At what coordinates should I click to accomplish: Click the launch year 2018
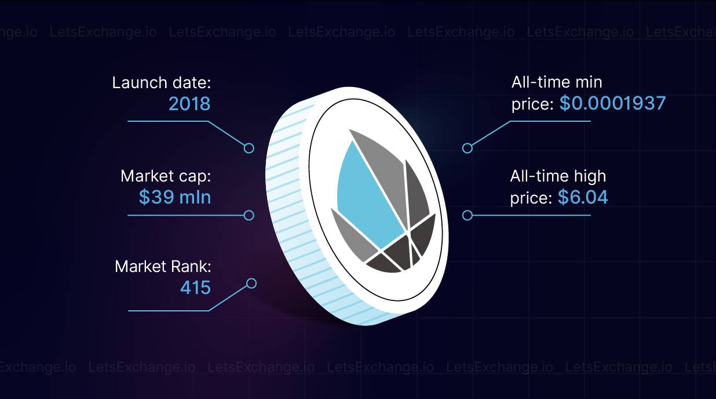[x=189, y=104]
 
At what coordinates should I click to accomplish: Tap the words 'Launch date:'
[x=162, y=82]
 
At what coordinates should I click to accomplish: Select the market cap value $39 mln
[x=175, y=197]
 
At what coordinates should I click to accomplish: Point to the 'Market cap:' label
[x=166, y=176]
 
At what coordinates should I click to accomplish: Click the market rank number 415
[x=195, y=287]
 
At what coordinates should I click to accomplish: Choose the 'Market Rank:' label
[x=163, y=266]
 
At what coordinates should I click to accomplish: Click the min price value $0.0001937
[x=612, y=103]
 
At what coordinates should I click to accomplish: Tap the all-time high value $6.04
[x=583, y=197]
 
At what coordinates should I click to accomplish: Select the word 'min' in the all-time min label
[x=589, y=82]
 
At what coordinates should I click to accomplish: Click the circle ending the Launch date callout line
[x=249, y=148]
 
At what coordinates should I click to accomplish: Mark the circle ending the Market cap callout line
[x=249, y=215]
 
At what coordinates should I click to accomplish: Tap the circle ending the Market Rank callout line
[x=251, y=284]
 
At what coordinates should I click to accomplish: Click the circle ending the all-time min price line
[x=467, y=148]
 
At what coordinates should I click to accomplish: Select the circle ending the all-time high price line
[x=467, y=215]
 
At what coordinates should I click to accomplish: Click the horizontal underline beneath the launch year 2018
[x=168, y=121]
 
